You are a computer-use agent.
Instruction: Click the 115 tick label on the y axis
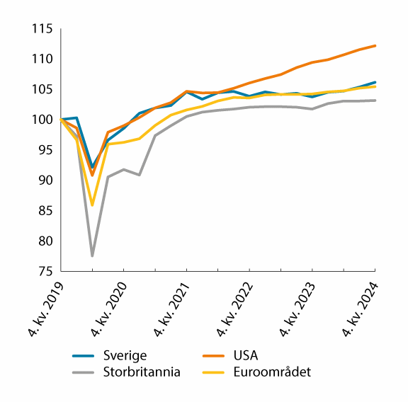(x=42, y=29)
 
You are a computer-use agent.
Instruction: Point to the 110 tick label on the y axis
(x=42, y=59)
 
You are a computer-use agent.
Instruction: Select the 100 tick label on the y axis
(x=42, y=120)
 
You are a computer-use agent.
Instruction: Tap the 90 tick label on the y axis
(x=45, y=180)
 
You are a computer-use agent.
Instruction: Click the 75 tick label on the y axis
(x=45, y=271)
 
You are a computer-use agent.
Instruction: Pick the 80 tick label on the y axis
(x=45, y=241)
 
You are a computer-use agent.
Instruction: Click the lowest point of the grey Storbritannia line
(x=93, y=255)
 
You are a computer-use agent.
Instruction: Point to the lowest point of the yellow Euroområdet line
(x=93, y=205)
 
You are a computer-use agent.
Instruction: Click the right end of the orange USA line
(x=375, y=45)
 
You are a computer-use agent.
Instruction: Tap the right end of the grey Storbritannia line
(x=375, y=100)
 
